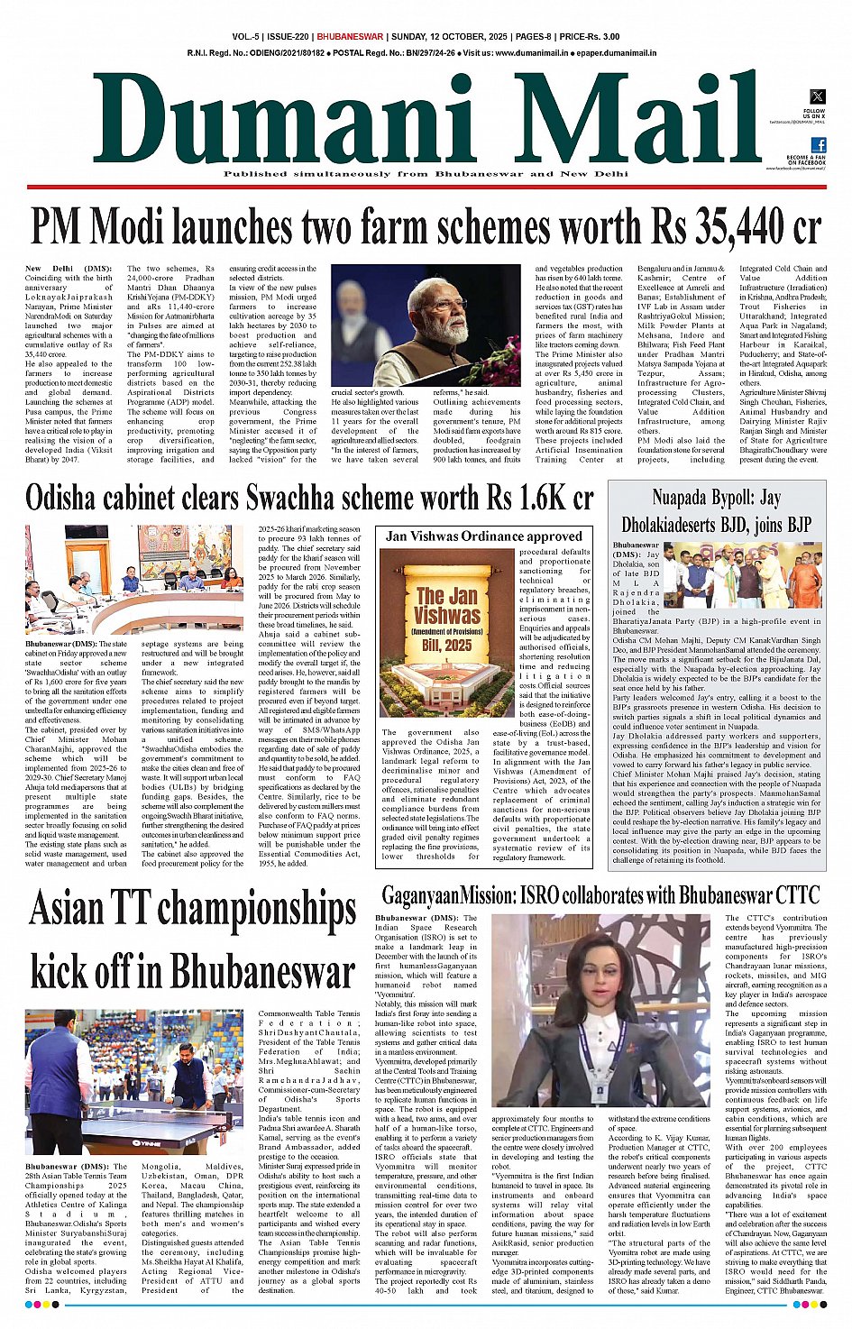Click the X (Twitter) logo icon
tap(817, 96)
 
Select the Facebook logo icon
tap(818, 144)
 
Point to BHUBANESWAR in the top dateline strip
tap(350, 37)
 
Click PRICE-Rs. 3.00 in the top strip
tap(589, 37)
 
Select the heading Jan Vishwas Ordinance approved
tap(483, 536)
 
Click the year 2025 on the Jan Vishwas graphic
tap(459, 646)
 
